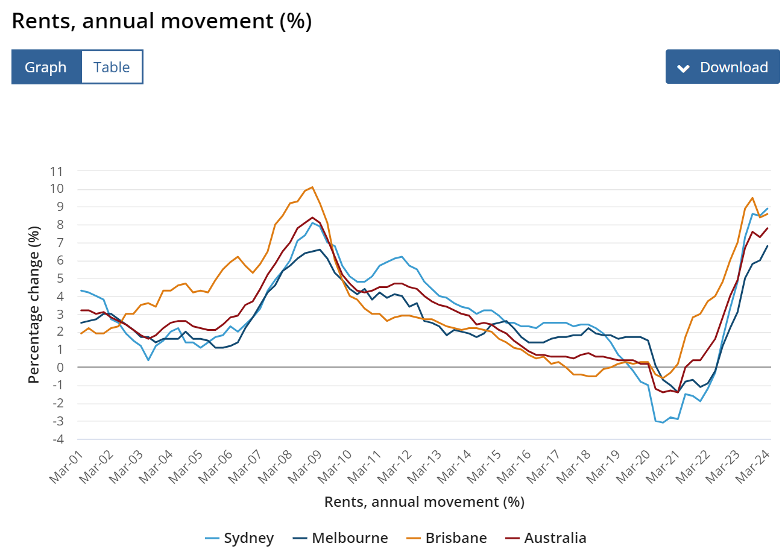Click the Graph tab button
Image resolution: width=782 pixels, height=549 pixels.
(x=46, y=67)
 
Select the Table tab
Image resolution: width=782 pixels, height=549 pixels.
(x=112, y=67)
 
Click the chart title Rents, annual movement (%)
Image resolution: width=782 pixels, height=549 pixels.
(x=162, y=21)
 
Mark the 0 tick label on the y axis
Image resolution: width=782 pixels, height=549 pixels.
(x=59, y=368)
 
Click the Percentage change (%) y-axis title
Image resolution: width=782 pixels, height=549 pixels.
(x=34, y=305)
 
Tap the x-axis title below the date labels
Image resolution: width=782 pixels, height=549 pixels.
(x=424, y=501)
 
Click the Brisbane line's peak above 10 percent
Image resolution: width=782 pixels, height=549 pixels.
(x=312, y=187)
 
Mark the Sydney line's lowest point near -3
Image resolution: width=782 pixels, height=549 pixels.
(x=663, y=422)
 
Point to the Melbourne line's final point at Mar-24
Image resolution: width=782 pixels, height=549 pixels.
(x=768, y=245)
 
